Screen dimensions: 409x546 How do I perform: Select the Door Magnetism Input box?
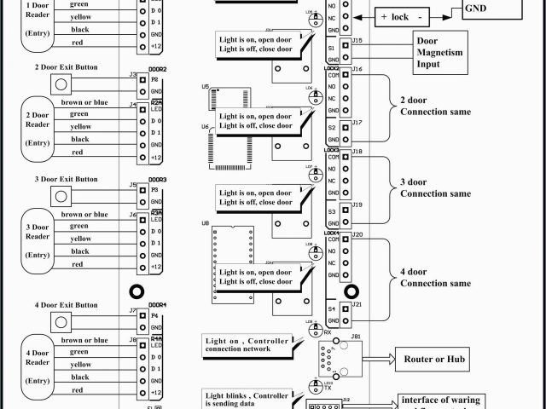point(440,52)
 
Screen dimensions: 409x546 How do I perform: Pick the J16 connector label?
point(357,67)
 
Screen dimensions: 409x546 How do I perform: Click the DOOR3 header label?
point(158,180)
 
